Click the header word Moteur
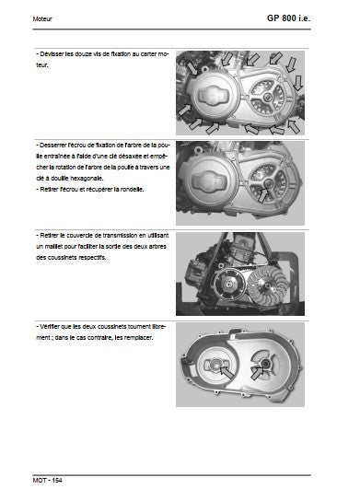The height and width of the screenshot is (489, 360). click(x=42, y=19)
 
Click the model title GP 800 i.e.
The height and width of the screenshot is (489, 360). click(x=288, y=18)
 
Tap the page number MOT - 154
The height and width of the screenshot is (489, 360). click(x=47, y=480)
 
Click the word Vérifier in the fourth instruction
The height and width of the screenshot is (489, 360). click(x=50, y=327)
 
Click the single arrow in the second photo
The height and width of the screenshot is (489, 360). click(x=262, y=194)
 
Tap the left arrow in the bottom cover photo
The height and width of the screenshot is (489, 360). click(x=226, y=372)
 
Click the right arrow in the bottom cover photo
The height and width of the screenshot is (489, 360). click(x=257, y=373)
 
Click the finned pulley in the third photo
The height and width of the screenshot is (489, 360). click(x=267, y=286)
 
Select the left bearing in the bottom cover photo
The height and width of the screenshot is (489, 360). click(x=215, y=363)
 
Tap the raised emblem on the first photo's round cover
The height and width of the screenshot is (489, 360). click(x=214, y=96)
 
